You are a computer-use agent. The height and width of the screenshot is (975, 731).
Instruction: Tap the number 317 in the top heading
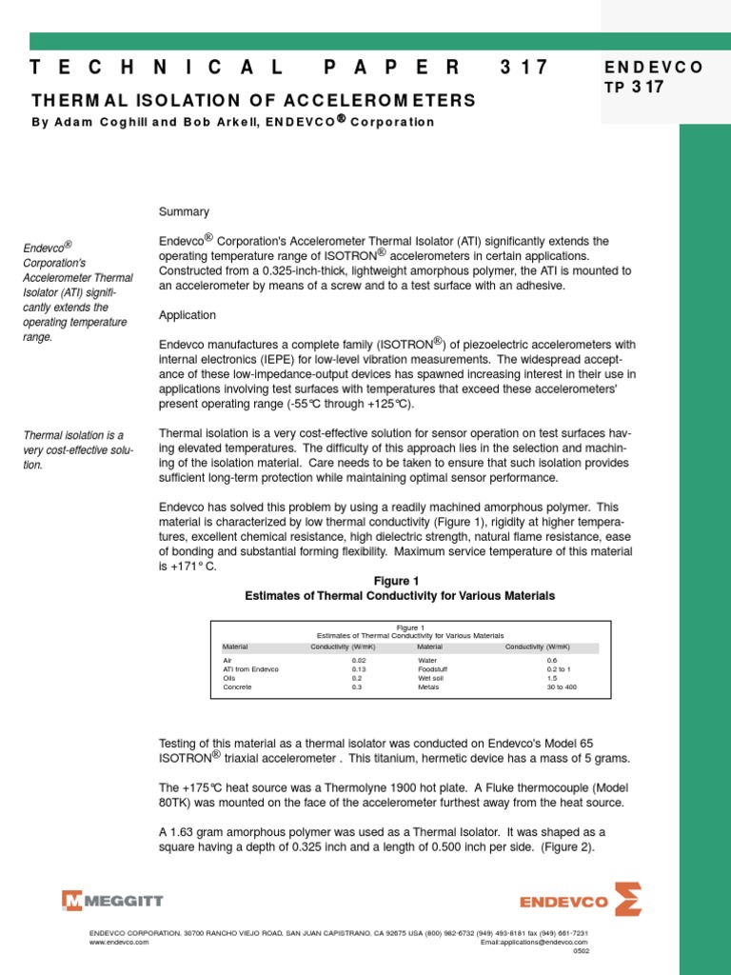524,68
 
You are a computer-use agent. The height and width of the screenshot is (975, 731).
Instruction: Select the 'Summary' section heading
184,211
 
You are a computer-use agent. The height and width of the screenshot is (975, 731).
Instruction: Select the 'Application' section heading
188,315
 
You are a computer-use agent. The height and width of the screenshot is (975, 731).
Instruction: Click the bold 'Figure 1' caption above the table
400,581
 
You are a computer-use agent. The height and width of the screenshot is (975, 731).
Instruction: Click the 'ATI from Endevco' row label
250,669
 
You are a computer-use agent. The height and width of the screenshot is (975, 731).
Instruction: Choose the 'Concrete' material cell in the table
238,686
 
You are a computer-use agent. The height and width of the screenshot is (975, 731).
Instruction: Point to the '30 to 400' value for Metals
561,686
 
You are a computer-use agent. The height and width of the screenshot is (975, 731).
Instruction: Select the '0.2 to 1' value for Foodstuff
559,669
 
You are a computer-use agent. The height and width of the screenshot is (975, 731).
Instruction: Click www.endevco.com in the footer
118,941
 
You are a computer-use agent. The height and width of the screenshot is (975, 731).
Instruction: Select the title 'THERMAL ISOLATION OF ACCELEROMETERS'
253,100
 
